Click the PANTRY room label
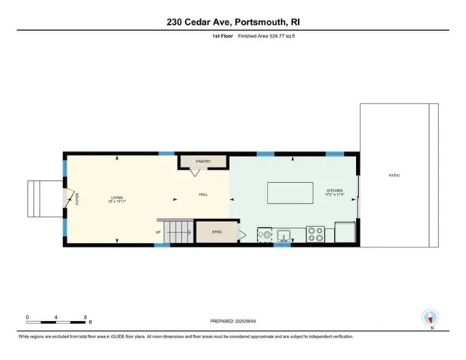tap(202, 161)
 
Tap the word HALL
tap(203, 195)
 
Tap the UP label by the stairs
tap(158, 232)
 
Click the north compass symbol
tap(429, 317)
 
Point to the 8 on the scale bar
tap(86, 316)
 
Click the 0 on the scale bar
tap(28, 316)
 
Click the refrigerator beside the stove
tap(345, 233)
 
